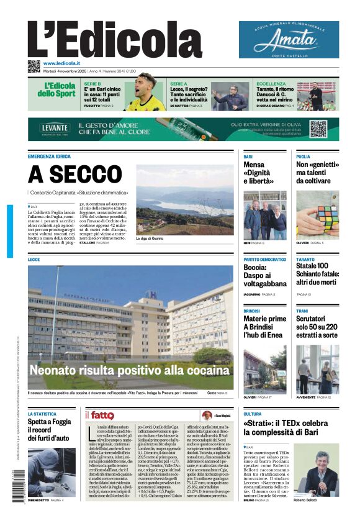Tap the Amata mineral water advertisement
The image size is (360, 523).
pos(289,39)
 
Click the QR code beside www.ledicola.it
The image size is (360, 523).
pos(34,66)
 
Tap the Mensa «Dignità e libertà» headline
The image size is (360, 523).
pos(258,173)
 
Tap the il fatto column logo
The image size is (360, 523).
pos(101,415)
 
